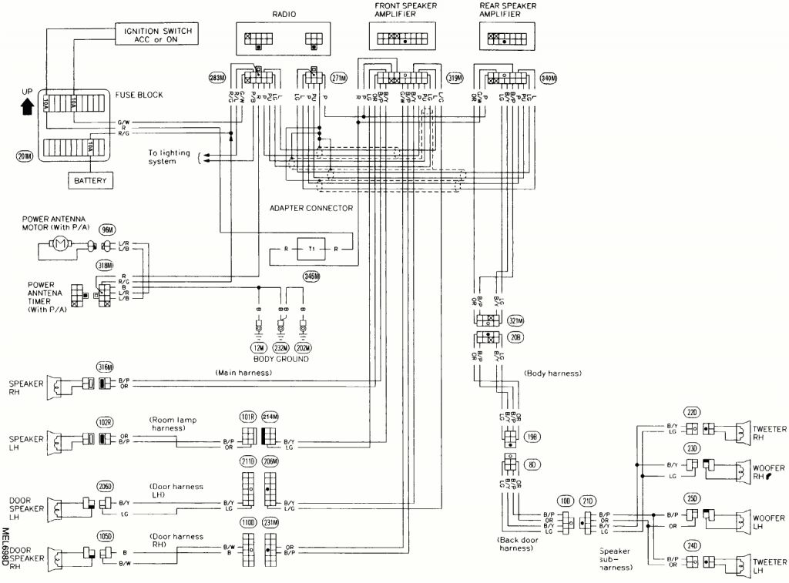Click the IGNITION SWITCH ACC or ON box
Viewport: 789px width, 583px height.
(x=157, y=34)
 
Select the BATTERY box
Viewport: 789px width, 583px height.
(x=91, y=181)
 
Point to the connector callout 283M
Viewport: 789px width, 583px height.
(x=217, y=78)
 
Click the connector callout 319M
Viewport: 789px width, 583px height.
(x=454, y=78)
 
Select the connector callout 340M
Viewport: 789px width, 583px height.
(x=549, y=78)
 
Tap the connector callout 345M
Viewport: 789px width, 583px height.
(x=313, y=277)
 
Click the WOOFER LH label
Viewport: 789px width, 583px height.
(x=768, y=516)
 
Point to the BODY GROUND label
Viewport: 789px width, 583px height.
(x=280, y=360)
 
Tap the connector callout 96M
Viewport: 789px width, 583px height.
(x=107, y=230)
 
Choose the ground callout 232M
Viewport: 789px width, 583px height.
(x=280, y=347)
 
